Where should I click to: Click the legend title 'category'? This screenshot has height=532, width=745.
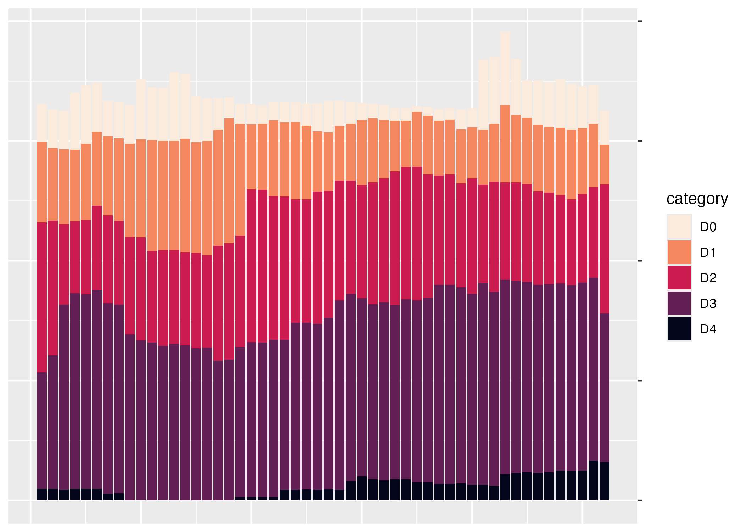tap(697, 199)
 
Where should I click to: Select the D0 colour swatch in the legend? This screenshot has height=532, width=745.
tap(679, 227)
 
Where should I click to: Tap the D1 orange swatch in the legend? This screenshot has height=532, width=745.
tap(679, 253)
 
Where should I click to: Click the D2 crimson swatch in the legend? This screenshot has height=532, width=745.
tap(679, 278)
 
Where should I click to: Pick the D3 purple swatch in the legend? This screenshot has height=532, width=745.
tap(679, 304)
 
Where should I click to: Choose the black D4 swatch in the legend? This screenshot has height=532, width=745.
tap(679, 329)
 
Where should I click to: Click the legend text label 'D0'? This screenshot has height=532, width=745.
tap(708, 227)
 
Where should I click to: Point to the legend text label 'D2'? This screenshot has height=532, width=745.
tap(708, 278)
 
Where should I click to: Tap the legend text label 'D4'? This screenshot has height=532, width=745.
tap(708, 329)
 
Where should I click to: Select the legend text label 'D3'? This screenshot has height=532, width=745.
tap(708, 304)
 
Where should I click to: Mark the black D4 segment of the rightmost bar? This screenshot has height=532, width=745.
tap(605, 481)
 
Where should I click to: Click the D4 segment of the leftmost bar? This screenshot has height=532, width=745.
tap(42, 494)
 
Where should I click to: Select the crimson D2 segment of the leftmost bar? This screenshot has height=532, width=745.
tap(42, 297)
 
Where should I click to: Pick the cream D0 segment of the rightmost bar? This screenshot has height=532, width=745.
tap(605, 128)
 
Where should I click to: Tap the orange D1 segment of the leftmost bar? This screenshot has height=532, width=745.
tap(42, 182)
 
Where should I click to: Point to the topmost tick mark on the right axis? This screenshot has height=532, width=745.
tap(640, 21)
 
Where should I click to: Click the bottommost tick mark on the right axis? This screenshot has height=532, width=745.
tap(640, 500)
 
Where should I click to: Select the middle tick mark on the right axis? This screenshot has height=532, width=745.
tap(640, 261)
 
